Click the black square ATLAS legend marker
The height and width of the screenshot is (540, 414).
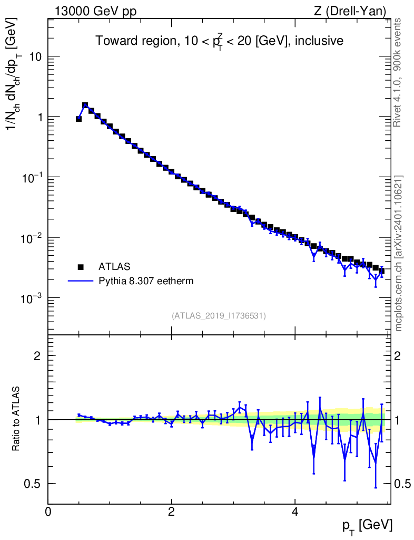(81, 267)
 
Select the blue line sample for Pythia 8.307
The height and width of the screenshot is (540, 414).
(81, 281)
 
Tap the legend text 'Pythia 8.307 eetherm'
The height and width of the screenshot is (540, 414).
(146, 281)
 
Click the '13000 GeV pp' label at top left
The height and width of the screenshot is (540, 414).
(95, 12)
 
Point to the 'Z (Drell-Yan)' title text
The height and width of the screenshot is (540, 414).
(350, 12)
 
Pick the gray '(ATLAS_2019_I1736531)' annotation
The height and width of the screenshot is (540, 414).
(219, 316)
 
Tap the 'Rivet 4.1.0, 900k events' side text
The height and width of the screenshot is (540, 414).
(397, 73)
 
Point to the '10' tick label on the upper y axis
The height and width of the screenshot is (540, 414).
(35, 56)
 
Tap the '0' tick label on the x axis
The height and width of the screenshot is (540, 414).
(48, 512)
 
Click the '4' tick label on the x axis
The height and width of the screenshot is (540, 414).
(294, 512)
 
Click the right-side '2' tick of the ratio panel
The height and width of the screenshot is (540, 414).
(397, 356)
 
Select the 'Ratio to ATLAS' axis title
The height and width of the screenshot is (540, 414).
(15, 419)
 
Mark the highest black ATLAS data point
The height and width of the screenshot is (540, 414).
(85, 105)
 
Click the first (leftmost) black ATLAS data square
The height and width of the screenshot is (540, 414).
(78, 119)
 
